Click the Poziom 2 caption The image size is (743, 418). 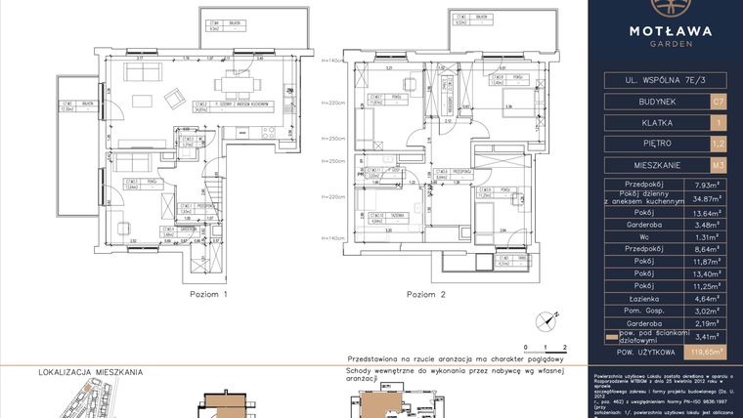tap(426, 294)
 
